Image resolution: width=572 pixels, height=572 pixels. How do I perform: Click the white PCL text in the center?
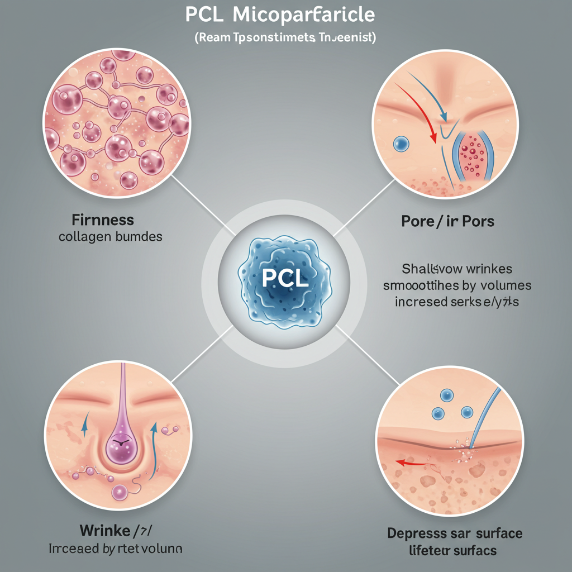point(285,278)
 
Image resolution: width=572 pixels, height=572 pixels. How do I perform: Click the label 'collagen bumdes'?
point(111,236)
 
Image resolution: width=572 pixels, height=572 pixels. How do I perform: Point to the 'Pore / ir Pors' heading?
point(447,221)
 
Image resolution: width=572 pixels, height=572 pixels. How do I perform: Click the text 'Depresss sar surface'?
point(455,533)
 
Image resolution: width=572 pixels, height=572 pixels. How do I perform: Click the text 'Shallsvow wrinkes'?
point(456,269)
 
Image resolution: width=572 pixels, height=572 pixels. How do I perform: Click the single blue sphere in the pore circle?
point(401,144)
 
